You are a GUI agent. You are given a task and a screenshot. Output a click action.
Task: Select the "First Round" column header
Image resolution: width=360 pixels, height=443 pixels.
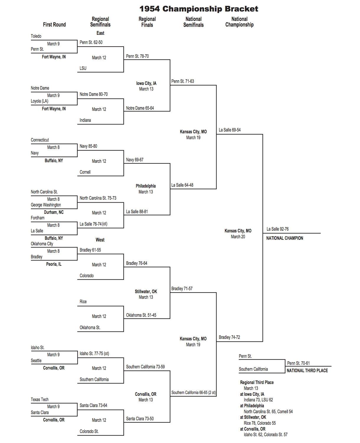pos(54,24)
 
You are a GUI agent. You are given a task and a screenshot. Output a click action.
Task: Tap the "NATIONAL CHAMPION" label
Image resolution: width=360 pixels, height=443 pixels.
pos(284,238)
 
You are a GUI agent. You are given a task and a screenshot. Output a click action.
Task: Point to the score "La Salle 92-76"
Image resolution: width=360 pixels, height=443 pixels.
pos(277,229)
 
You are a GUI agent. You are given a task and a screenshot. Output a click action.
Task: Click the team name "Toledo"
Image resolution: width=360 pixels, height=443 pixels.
pos(36,36)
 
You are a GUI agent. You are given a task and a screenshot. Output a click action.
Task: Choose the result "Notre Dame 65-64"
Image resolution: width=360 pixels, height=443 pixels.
pos(140,108)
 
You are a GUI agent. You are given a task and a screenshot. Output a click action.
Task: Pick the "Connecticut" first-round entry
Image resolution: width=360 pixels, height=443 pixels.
pos(40,140)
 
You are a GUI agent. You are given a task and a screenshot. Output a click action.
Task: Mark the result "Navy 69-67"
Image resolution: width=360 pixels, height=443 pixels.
pos(135,160)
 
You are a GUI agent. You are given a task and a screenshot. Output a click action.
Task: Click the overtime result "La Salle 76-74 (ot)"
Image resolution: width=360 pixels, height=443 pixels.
pos(93,224)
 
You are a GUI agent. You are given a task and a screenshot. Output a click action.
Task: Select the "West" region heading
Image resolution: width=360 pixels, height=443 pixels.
pos(100,240)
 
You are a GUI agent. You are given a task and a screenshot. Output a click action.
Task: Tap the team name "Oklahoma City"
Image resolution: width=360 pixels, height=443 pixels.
pos(42,244)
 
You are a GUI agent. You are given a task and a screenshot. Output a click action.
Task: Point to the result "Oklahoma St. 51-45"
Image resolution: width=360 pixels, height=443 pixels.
pos(141,315)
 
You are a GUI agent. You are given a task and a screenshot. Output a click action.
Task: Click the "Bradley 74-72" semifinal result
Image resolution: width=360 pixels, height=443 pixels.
pos(229,337)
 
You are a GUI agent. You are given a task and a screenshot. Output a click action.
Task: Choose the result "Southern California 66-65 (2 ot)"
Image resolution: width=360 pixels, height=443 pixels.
pos(193,393)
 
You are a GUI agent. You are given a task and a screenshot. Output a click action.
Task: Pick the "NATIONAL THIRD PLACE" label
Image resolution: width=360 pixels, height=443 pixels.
pos(307,370)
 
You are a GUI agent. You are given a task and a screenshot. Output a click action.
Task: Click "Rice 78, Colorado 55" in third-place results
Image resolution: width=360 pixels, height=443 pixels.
pos(260,423)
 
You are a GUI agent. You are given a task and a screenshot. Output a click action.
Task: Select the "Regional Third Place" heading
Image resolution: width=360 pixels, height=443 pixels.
pos(257,383)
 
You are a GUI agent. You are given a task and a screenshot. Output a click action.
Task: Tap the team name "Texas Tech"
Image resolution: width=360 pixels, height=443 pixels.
pos(40,400)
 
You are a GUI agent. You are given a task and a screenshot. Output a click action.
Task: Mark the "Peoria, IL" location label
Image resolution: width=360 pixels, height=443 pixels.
pos(54,264)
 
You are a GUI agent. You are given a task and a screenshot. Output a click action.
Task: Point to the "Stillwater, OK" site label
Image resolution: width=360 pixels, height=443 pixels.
pos(146,291)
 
